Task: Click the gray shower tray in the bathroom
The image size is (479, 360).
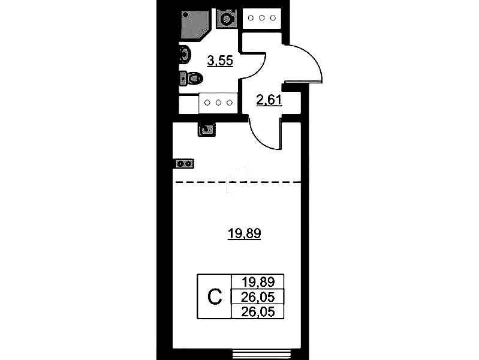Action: [195, 24]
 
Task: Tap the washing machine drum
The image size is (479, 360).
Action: [227, 20]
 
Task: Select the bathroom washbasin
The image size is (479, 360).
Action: [185, 55]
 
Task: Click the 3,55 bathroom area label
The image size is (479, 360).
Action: [220, 61]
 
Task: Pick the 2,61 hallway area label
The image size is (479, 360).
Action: [269, 101]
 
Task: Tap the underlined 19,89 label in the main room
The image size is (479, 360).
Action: [244, 234]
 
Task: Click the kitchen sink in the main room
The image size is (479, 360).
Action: [207, 130]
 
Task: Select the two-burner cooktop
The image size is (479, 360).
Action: [185, 164]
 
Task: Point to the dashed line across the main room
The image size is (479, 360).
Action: [238, 182]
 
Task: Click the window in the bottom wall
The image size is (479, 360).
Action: [261, 354]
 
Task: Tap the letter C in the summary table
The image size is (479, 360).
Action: [215, 296]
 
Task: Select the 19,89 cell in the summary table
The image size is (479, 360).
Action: [258, 281]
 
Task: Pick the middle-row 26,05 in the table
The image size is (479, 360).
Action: [258, 296]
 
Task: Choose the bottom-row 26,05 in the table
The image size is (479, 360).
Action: [258, 312]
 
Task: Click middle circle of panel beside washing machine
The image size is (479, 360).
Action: [261, 18]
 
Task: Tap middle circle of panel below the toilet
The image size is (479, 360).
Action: [218, 103]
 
